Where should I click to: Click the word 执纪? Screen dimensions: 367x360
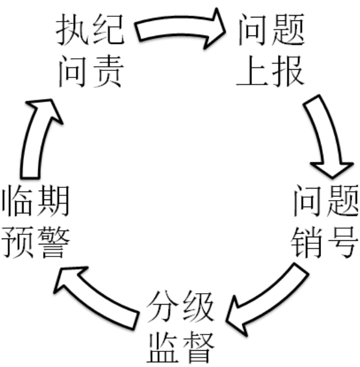click(90, 30)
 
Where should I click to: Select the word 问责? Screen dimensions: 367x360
click(90, 72)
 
